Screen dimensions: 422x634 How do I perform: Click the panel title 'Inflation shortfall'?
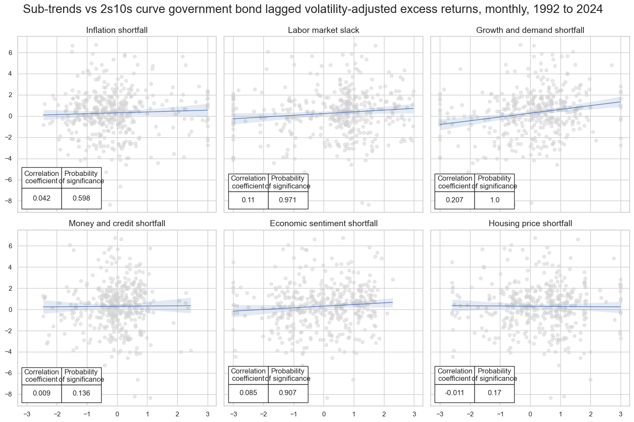(x=117, y=30)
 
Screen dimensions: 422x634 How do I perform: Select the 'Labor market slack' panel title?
(x=323, y=30)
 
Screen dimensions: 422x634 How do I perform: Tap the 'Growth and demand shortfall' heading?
(x=530, y=30)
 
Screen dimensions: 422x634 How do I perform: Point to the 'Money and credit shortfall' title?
(x=117, y=224)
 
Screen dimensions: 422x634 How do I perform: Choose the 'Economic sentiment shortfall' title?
(x=323, y=224)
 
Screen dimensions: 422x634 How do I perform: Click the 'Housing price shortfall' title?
(x=530, y=224)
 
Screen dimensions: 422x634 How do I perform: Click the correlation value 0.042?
(x=42, y=198)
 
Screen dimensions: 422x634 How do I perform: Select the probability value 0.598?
(x=81, y=198)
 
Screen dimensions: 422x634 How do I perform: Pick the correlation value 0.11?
(x=248, y=200)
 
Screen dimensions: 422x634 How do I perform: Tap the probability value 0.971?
(x=288, y=200)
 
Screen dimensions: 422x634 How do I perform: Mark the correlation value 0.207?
(x=455, y=200)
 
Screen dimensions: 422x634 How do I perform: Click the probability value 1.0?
(x=495, y=200)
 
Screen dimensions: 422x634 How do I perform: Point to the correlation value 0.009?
(x=42, y=393)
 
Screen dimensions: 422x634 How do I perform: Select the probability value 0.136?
(x=81, y=393)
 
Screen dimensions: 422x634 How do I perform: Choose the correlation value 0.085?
(x=248, y=393)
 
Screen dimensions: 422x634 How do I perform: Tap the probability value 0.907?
(x=288, y=393)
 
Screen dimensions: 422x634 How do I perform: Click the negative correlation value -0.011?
(x=455, y=393)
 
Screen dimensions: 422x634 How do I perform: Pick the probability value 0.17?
(x=495, y=393)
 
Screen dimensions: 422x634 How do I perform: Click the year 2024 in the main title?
(x=589, y=9)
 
